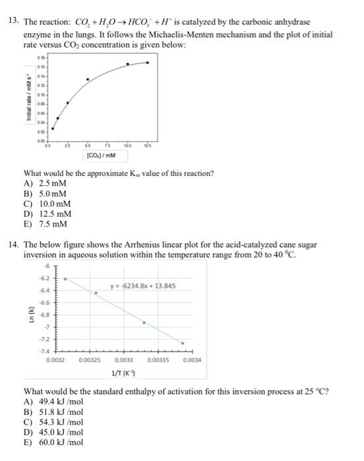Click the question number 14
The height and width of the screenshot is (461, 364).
tap(13, 244)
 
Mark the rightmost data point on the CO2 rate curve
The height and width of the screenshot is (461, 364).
tap(148, 63)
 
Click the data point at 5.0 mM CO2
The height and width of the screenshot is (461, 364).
tap(88, 79)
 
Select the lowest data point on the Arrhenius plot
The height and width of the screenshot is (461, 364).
tap(183, 342)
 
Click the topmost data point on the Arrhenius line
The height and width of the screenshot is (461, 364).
tap(65, 279)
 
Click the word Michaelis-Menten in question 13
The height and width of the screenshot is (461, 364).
tap(186, 32)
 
